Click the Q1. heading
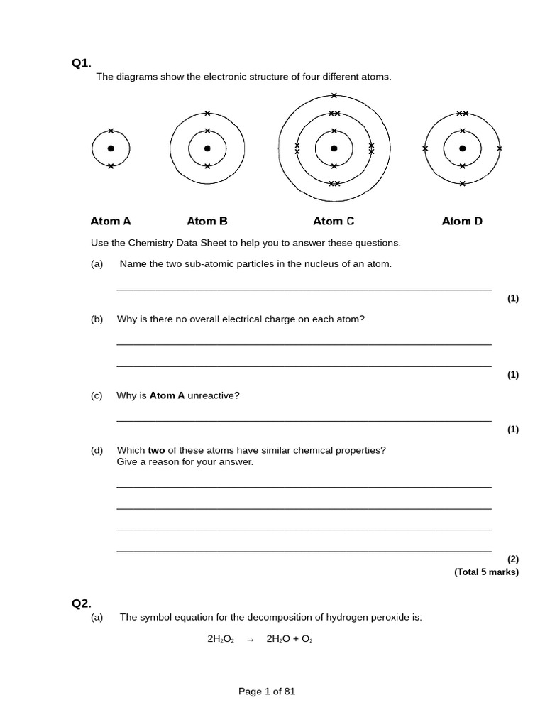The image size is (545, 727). [82, 63]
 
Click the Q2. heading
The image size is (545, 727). [82, 603]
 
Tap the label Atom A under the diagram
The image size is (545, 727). [111, 221]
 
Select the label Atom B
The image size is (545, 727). [207, 221]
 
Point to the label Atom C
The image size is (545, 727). [334, 221]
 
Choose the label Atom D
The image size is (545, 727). [462, 221]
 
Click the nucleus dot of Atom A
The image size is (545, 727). [111, 148]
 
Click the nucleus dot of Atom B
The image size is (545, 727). [207, 148]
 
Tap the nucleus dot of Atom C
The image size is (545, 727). [334, 148]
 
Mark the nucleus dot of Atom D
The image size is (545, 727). [463, 148]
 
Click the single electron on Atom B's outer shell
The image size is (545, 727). [207, 113]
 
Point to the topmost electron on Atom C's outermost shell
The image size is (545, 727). [334, 95]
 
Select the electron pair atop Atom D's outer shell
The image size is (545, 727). [463, 113]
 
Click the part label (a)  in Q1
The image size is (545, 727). [97, 264]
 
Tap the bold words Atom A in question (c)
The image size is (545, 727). [167, 395]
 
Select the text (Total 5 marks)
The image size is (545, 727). [486, 572]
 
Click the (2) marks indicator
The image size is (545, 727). [512, 559]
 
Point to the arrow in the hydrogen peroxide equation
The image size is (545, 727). [250, 640]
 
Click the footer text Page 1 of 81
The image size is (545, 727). [267, 692]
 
